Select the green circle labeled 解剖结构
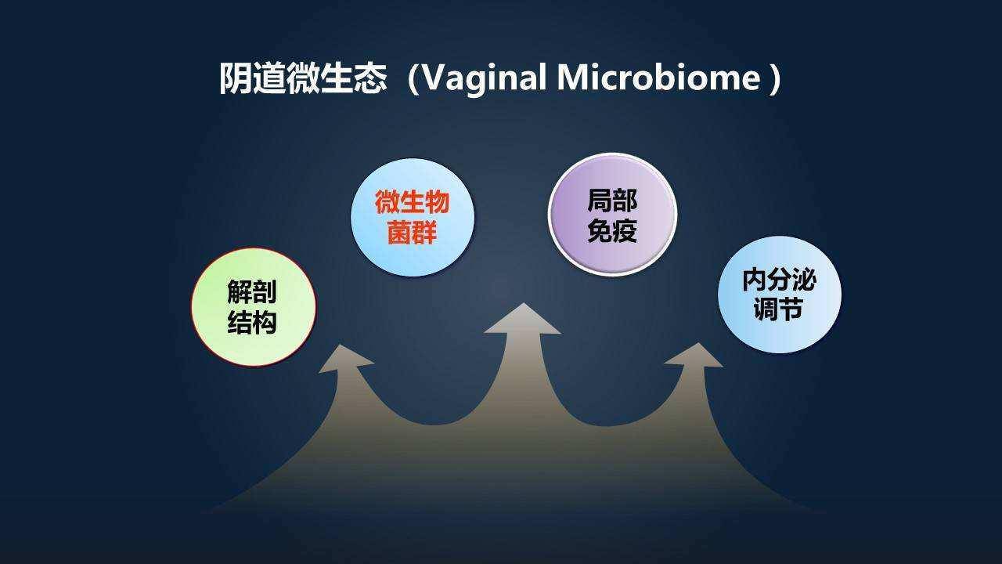pyautogui.click(x=254, y=306)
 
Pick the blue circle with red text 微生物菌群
pyautogui.click(x=413, y=217)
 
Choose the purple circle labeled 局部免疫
pyautogui.click(x=612, y=215)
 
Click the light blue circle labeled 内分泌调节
pyautogui.click(x=780, y=295)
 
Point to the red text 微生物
pyautogui.click(x=413, y=203)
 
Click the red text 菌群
pyautogui.click(x=413, y=233)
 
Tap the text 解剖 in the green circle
pyautogui.click(x=252, y=292)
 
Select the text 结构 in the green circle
pyautogui.click(x=252, y=322)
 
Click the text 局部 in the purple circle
pyautogui.click(x=612, y=201)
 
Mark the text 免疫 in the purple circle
pyautogui.click(x=612, y=230)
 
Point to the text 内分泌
pyautogui.click(x=779, y=280)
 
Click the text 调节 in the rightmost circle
pyautogui.click(x=778, y=310)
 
